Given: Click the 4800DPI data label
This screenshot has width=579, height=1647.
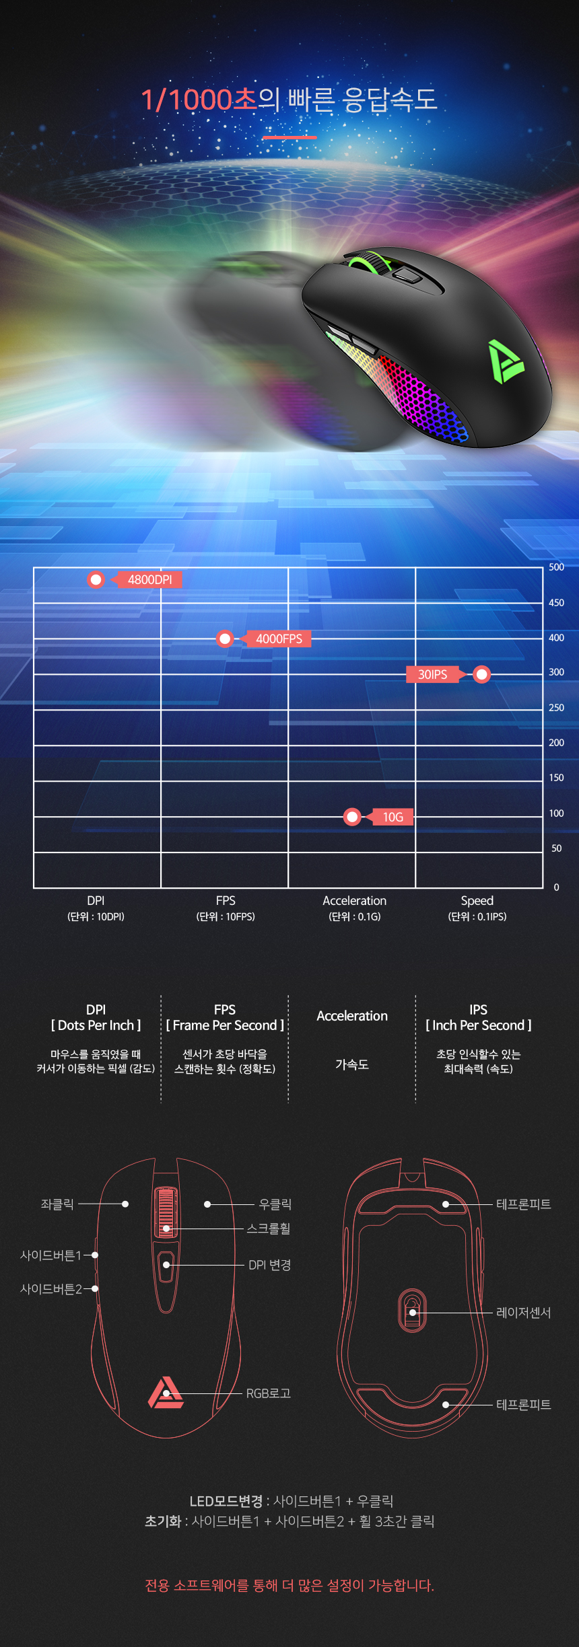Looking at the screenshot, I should point(149,580).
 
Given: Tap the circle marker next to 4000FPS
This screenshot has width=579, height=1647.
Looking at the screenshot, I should point(225,638).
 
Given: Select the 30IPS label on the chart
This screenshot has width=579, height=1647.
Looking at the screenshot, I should point(432,674).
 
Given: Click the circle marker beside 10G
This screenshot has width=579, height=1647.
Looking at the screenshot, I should point(352,817).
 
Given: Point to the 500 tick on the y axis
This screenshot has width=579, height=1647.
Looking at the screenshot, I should point(556,567).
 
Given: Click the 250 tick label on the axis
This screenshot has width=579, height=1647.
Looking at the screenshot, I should point(556,708).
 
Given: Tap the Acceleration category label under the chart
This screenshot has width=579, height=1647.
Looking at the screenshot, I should point(354,901).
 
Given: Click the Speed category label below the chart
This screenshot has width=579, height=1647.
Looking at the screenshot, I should point(477,901).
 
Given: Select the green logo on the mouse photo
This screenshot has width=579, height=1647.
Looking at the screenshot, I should point(505,361).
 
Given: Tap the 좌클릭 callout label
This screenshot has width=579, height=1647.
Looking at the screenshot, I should point(57,1204).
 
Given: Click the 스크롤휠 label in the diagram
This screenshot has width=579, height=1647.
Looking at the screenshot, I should point(268,1229).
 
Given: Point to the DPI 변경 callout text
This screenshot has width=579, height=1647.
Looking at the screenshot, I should point(269,1265).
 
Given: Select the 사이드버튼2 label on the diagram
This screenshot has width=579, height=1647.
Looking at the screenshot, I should point(51,1289).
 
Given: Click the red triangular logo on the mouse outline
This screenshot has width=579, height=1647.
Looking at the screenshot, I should point(166,1393).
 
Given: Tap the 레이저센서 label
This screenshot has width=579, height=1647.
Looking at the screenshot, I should point(523,1313).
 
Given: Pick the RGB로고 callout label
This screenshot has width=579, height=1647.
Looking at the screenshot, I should point(268,1393).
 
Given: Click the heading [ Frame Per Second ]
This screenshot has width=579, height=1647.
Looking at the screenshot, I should point(225,1025).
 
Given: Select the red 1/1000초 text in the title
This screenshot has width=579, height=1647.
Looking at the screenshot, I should point(199,100).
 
